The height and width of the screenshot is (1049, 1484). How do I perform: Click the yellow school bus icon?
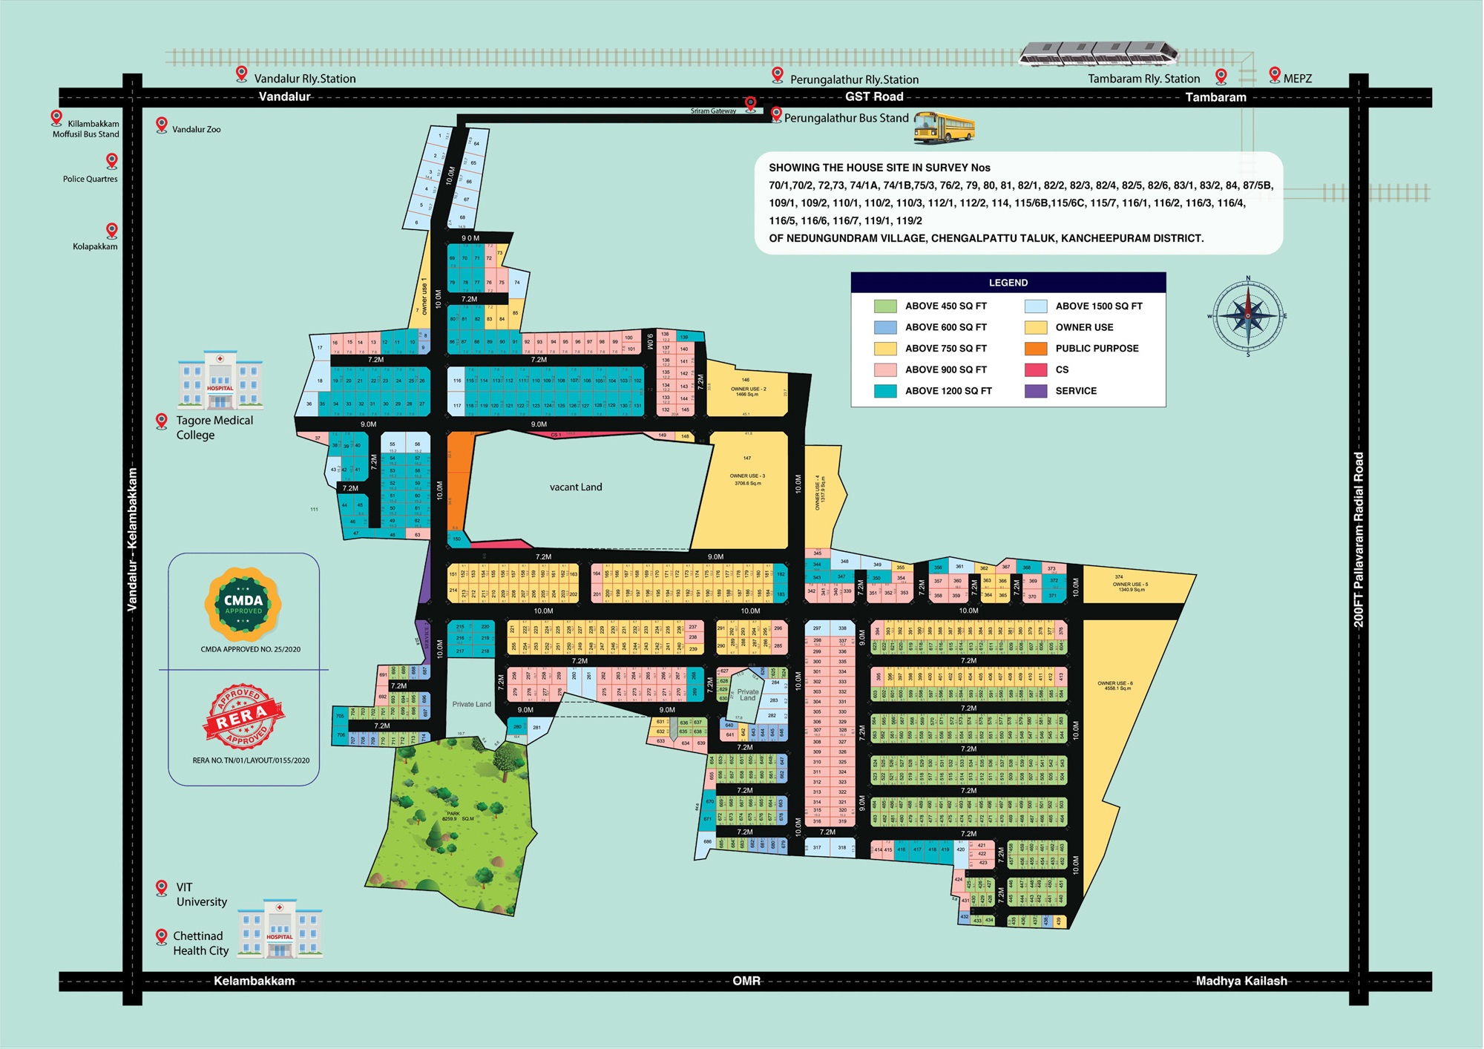(x=944, y=128)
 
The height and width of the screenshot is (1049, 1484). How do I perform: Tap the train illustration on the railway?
(x=1098, y=54)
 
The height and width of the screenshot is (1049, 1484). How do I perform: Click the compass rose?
(x=1248, y=316)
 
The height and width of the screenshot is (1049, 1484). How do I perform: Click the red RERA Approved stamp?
(x=243, y=716)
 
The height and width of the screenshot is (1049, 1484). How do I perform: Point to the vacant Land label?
(x=576, y=487)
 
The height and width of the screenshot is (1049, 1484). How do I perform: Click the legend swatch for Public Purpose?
(x=1036, y=349)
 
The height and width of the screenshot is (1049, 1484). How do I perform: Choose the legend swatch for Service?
(x=1036, y=391)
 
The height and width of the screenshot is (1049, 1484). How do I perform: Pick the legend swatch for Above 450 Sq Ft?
(x=885, y=306)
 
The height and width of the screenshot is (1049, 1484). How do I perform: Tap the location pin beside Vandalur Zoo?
(x=162, y=125)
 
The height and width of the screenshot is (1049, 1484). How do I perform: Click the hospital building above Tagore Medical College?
(x=220, y=381)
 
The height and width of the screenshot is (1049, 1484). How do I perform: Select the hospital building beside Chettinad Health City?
(x=280, y=928)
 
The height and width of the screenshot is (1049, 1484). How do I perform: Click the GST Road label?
(x=874, y=96)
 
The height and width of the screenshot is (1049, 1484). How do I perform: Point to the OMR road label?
(x=746, y=981)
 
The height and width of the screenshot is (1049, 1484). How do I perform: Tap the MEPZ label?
(x=1298, y=79)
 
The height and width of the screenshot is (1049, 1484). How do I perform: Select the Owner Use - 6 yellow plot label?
(x=1114, y=685)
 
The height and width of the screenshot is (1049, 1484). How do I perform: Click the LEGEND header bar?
(x=1008, y=283)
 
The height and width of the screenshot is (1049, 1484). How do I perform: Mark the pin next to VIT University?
(x=162, y=887)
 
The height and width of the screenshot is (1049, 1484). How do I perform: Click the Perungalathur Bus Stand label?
(x=847, y=118)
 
